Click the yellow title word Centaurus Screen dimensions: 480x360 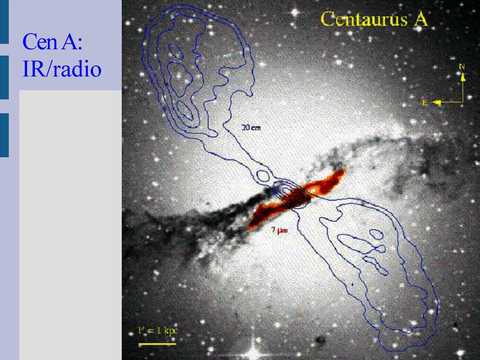pyautogui.click(x=364, y=19)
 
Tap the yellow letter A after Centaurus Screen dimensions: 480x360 pyautogui.click(x=421, y=19)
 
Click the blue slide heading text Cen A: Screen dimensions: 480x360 pyautogui.click(x=52, y=41)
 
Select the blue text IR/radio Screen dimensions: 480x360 pyautogui.click(x=62, y=68)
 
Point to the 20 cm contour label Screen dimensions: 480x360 pyautogui.click(x=251, y=127)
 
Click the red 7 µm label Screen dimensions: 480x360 pyautogui.click(x=279, y=230)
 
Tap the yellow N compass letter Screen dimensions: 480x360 pyautogui.click(x=462, y=66)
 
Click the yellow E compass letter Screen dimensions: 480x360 pyautogui.click(x=425, y=103)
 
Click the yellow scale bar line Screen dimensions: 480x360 pyautogui.click(x=157, y=344)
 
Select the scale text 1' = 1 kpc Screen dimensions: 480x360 pyautogui.click(x=157, y=330)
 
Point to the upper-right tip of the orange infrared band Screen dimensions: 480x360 pyautogui.click(x=344, y=170)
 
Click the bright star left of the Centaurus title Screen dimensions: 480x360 pyautogui.click(x=295, y=12)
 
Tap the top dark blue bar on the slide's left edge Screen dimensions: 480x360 pyautogui.click(x=4, y=21)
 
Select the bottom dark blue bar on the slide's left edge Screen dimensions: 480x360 pyautogui.click(x=4, y=135)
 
